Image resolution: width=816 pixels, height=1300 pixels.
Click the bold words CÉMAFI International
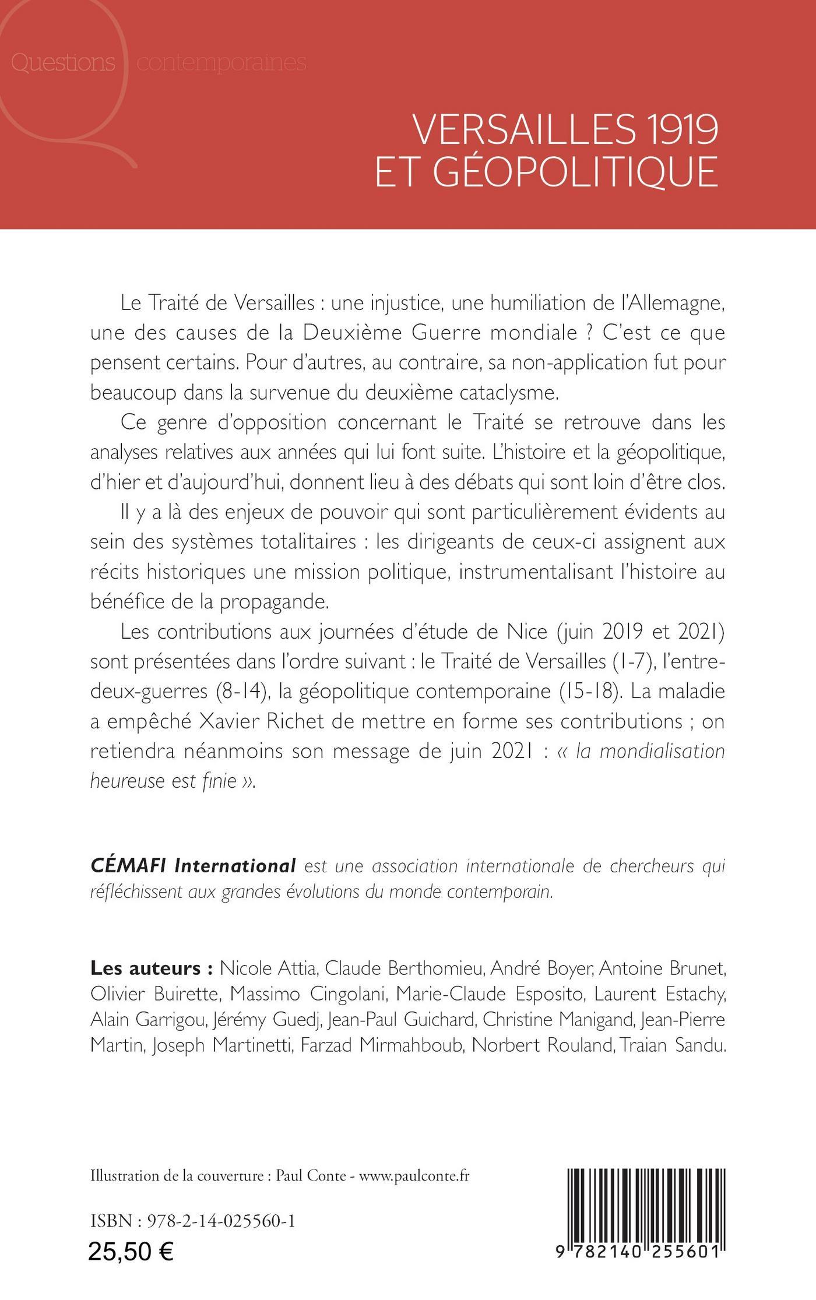point(194,866)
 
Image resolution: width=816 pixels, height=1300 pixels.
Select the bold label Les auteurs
point(150,968)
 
